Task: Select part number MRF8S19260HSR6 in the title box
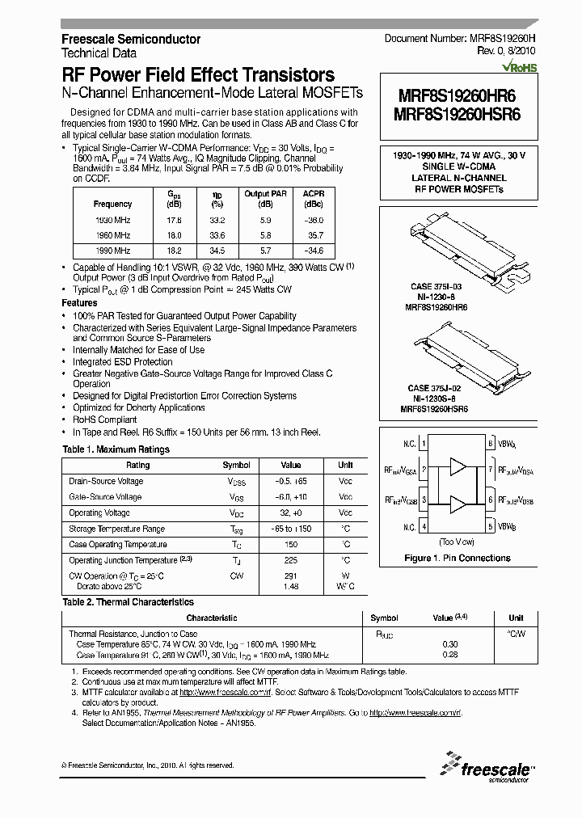pyautogui.click(x=457, y=114)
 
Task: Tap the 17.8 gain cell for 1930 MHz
pyautogui.click(x=174, y=220)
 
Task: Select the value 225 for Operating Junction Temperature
pyautogui.click(x=291, y=560)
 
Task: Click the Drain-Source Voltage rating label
pyautogui.click(x=106, y=482)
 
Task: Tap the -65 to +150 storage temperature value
pyautogui.click(x=291, y=529)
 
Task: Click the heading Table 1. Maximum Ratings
pyautogui.click(x=116, y=449)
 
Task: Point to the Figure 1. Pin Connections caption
pyautogui.click(x=457, y=558)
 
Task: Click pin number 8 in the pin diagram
pyautogui.click(x=490, y=444)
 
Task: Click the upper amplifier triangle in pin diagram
pyautogui.click(x=458, y=466)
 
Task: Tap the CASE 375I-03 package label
pyautogui.click(x=436, y=286)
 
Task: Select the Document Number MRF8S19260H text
pyautogui.click(x=458, y=39)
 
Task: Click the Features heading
pyautogui.click(x=79, y=302)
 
